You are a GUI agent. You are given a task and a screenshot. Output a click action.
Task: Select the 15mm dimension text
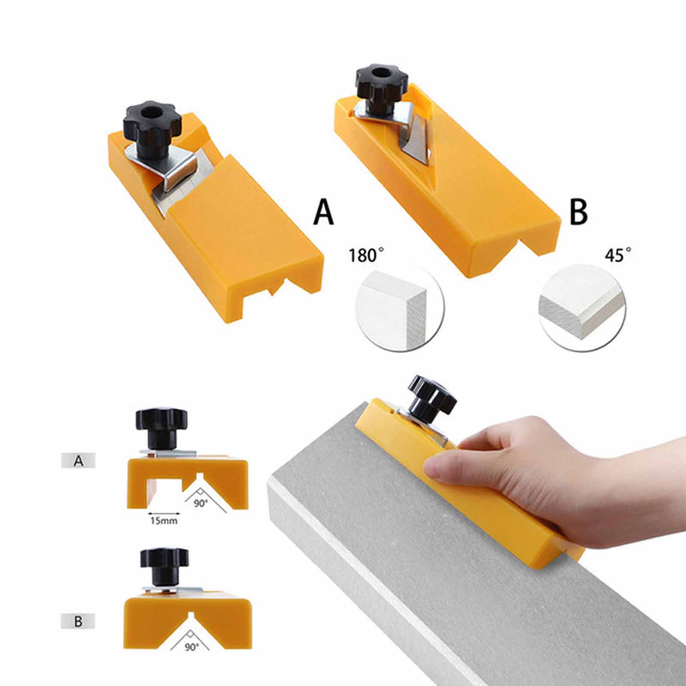coord(163,521)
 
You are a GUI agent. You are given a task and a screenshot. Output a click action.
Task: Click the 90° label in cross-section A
coord(200,503)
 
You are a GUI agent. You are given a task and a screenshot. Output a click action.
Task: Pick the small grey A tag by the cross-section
coord(78,460)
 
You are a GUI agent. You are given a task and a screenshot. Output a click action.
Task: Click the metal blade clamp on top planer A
coord(165,166)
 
